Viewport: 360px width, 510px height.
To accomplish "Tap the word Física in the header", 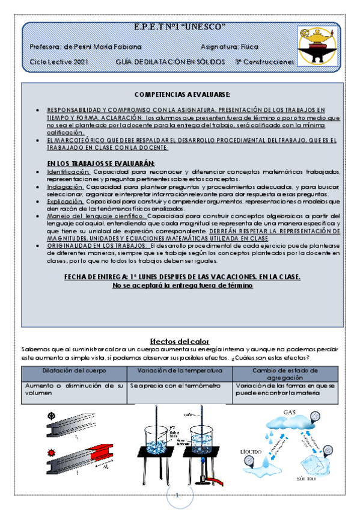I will click(x=248, y=46).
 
